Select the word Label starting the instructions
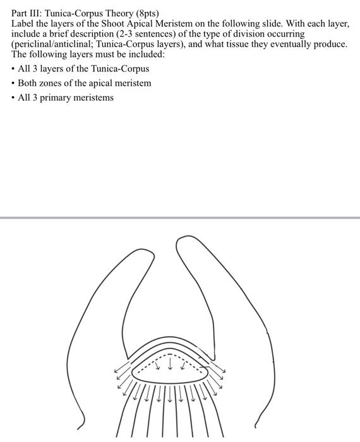tap(23, 23)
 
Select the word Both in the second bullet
tap(28, 83)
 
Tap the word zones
tap(54, 83)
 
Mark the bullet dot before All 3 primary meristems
tap(13, 98)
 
